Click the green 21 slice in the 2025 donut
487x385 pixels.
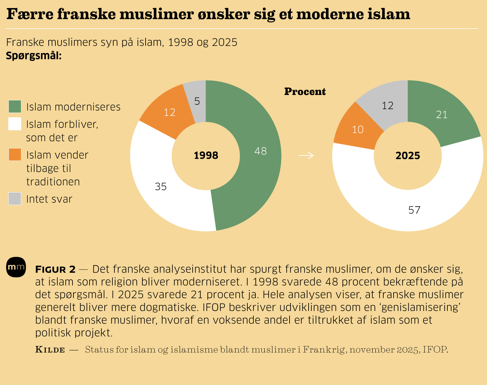[441, 114]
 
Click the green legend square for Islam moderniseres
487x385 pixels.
[15, 107]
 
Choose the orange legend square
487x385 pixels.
[15, 155]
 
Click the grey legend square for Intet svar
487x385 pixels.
[15, 199]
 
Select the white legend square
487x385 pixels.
[15, 124]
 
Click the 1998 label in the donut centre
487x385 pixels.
[206, 155]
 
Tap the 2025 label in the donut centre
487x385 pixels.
[408, 156]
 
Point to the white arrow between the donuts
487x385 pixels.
[306, 156]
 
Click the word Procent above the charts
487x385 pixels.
[305, 92]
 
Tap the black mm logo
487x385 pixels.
[16, 267]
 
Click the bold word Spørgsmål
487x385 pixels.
[33, 56]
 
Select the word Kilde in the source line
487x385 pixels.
[50, 350]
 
